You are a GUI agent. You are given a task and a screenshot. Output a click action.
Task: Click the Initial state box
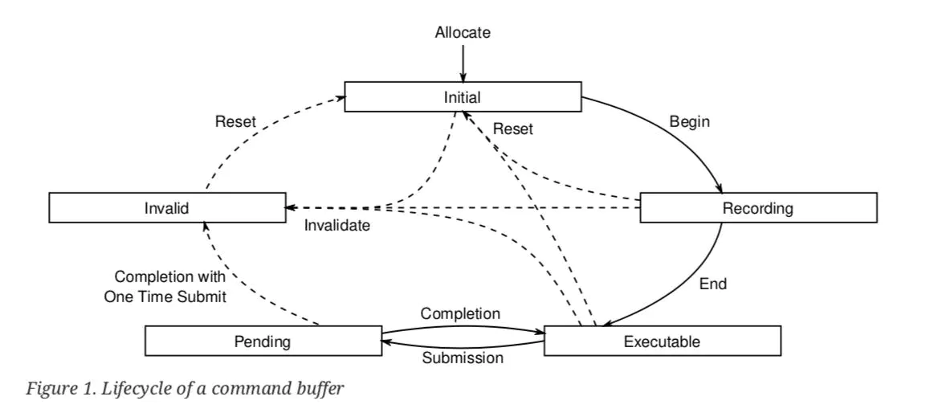[463, 96]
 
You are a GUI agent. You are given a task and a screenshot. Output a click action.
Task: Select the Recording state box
[758, 207]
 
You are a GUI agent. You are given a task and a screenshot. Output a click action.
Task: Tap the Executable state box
[662, 341]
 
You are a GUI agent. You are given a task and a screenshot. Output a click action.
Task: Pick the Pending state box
[263, 341]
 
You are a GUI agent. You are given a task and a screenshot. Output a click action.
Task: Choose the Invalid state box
[167, 207]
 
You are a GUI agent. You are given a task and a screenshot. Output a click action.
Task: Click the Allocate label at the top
[463, 32]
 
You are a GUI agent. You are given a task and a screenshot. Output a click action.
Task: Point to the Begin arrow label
[690, 122]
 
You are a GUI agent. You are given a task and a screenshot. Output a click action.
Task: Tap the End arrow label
[713, 284]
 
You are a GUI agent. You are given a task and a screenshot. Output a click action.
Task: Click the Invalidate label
[337, 226]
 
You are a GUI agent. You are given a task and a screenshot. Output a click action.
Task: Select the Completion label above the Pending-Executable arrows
[460, 314]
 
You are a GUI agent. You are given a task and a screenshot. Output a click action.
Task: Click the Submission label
[463, 358]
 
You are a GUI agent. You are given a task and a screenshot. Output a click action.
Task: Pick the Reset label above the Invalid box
[235, 121]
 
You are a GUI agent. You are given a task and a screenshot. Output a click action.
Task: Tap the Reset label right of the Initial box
[513, 129]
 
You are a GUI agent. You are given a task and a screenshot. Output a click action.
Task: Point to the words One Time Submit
[165, 297]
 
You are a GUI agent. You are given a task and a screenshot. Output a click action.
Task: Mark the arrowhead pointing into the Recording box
[719, 188]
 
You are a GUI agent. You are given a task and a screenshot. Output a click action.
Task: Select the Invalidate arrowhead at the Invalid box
[290, 207]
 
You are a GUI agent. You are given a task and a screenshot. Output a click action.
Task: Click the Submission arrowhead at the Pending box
[387, 341]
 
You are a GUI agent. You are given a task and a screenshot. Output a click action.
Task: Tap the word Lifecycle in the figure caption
[126, 389]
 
